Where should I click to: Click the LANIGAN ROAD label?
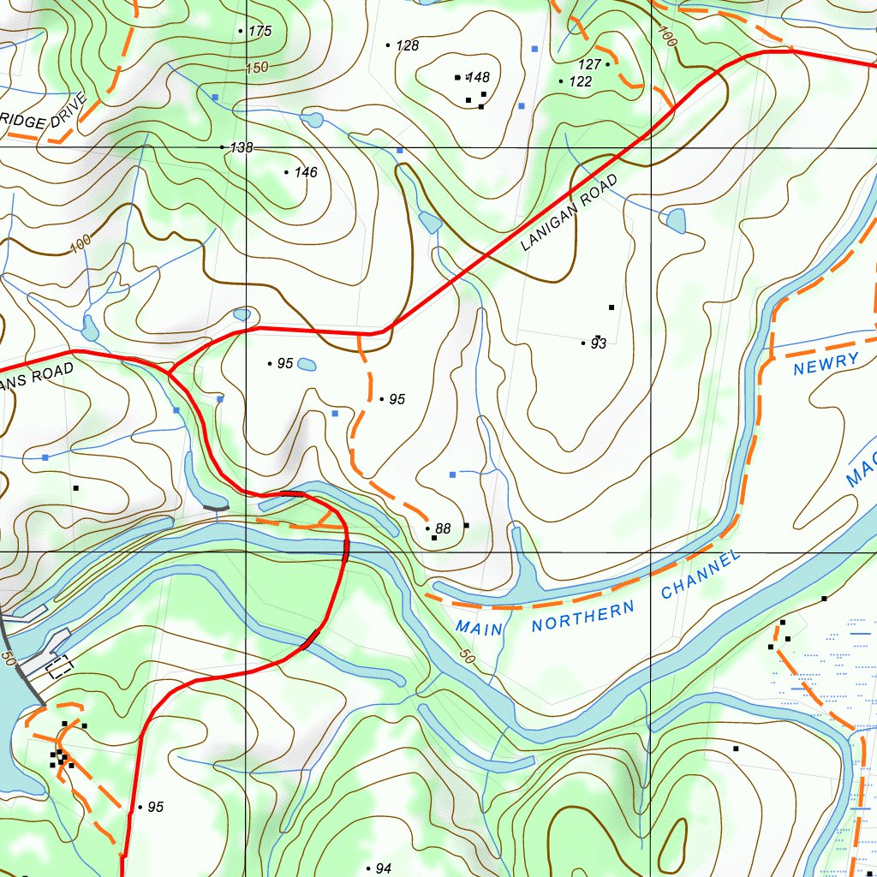pos(569,213)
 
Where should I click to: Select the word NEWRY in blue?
pos(826,363)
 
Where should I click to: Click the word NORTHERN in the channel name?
pos(583,617)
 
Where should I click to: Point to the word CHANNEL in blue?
pos(700,576)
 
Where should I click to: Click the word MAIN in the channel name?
pos(480,627)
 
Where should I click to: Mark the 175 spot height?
pos(259,32)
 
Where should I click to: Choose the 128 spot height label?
pos(407,45)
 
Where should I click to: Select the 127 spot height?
pos(589,65)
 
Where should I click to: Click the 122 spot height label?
pos(580,82)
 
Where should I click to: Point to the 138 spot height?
pos(242,148)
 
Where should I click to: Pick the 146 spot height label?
pos(305,173)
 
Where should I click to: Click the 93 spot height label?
pos(598,344)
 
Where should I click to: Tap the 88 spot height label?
pos(443,529)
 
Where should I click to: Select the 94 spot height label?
pos(383,869)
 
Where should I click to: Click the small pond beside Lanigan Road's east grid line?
pos(675,223)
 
